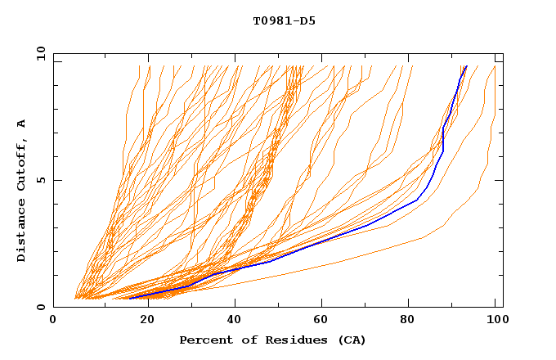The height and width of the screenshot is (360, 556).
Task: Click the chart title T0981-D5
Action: pyautogui.click(x=284, y=21)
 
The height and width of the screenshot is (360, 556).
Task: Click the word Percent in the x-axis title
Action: pyautogui.click(x=204, y=340)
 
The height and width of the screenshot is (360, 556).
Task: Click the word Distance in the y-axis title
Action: pyautogui.click(x=22, y=232)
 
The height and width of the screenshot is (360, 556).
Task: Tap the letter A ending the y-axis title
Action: pyautogui.click(x=22, y=123)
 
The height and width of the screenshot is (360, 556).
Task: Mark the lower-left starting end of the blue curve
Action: pyautogui.click(x=129, y=297)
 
